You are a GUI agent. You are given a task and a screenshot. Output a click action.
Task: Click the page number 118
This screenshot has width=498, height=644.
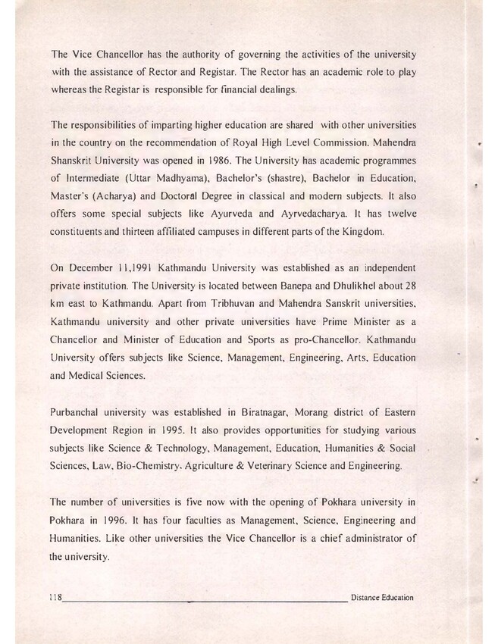pyautogui.click(x=55, y=598)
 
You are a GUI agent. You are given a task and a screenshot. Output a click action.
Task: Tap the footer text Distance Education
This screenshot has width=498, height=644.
pyautogui.click(x=383, y=598)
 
